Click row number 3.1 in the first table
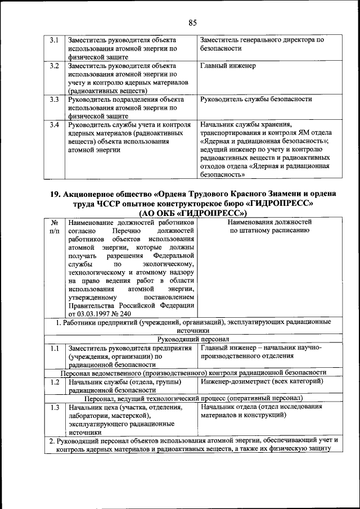(x=55, y=40)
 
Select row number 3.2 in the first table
(x=55, y=66)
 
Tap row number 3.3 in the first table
(x=55, y=100)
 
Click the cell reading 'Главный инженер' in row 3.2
(x=228, y=66)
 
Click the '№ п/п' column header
(x=55, y=227)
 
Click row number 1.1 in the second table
(x=55, y=348)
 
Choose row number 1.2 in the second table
(x=55, y=382)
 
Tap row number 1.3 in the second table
(x=55, y=407)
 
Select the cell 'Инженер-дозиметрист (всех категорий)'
(x=261, y=382)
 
